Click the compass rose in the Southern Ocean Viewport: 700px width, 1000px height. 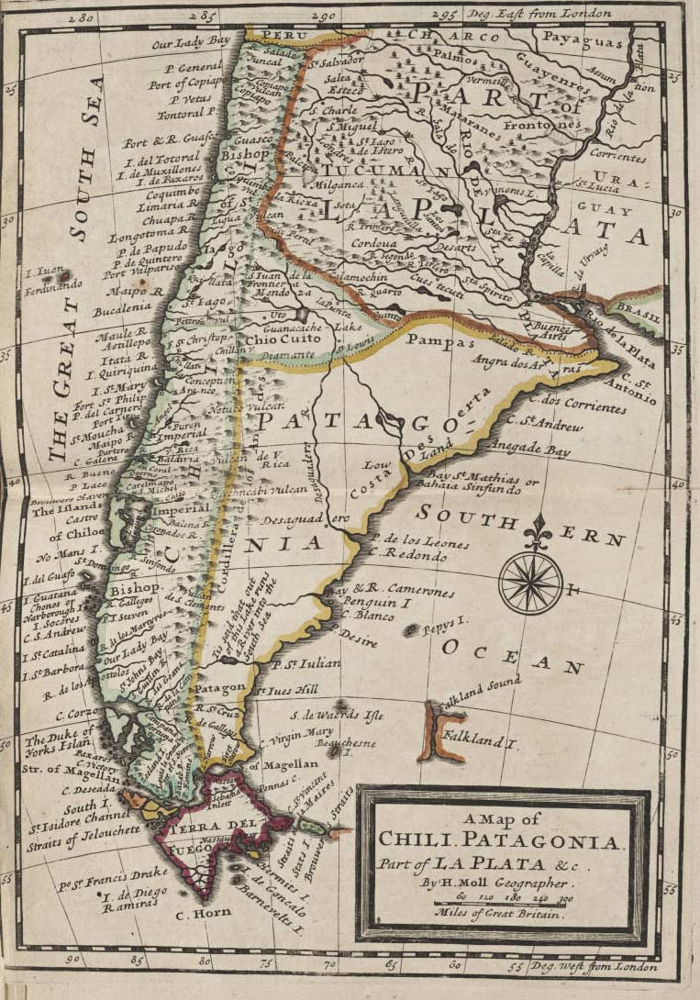pyautogui.click(x=531, y=582)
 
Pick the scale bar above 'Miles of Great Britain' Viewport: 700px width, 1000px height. pyautogui.click(x=501, y=901)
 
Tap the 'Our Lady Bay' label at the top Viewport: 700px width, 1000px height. pyautogui.click(x=192, y=42)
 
